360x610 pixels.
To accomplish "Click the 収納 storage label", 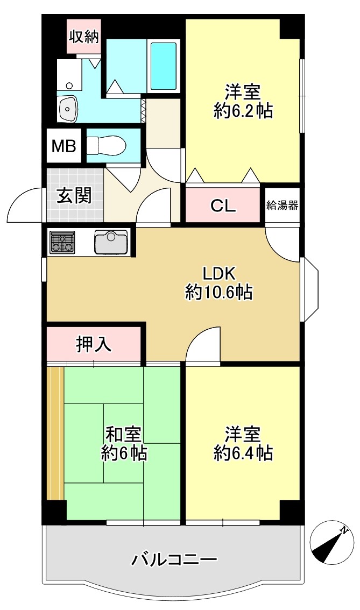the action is point(84,37).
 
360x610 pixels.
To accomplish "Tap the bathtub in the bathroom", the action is point(163,66).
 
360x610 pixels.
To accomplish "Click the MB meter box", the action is point(64,146).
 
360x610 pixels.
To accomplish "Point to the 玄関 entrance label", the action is point(75,195).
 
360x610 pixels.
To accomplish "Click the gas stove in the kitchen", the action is point(62,243).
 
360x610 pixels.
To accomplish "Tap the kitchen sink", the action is point(111,242).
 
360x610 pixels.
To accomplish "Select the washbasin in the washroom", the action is point(69,109).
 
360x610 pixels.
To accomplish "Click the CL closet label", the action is point(223,206).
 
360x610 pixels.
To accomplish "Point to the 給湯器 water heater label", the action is point(282,205).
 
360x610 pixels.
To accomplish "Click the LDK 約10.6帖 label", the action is point(219,283).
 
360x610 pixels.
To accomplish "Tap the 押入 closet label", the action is point(94,344).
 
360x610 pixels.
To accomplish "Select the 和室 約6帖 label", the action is point(124,443).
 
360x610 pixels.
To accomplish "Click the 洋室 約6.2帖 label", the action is point(243,102).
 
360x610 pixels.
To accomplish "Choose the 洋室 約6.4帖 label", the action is point(243,443).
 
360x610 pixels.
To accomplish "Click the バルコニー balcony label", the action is point(174,560).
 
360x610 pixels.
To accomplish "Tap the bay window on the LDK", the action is point(309,289).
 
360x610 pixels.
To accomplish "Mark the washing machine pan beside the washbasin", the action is point(69,74).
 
